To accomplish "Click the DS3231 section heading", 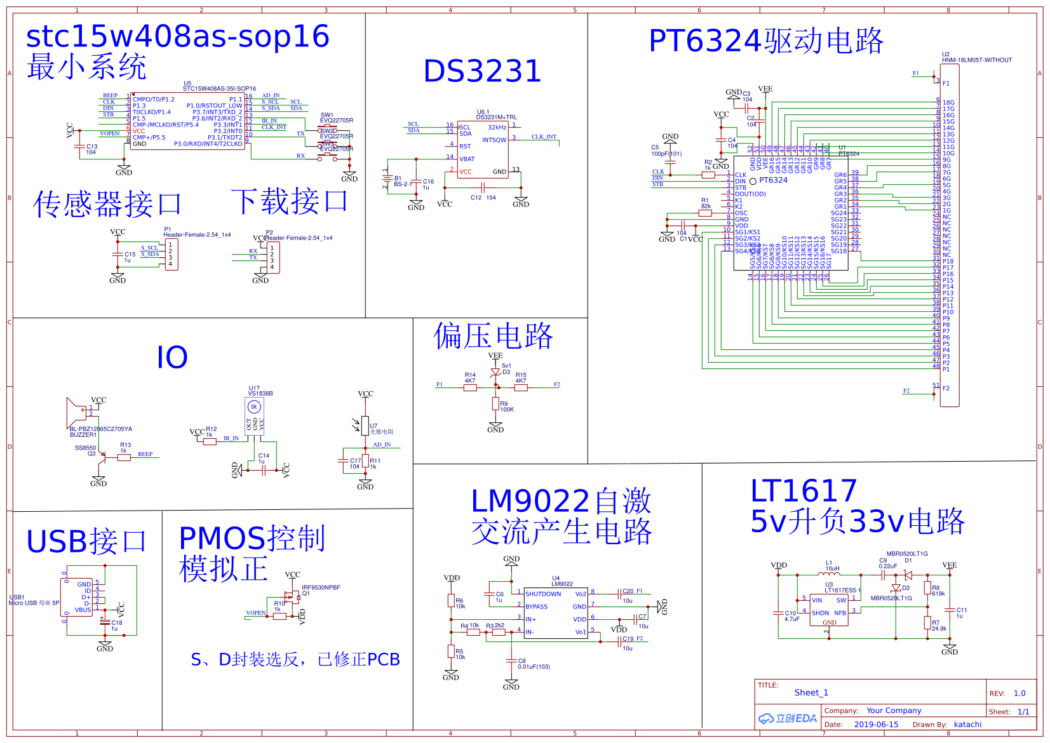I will click(482, 71).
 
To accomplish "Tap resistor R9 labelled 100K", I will click(495, 404).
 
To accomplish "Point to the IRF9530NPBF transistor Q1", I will click(293, 596).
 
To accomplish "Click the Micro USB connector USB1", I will click(80, 597).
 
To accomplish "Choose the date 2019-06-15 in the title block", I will click(876, 725).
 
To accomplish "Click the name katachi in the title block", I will click(967, 725).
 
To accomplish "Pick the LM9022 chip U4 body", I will click(556, 613).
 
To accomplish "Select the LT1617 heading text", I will click(804, 491).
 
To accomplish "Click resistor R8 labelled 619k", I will click(927, 588).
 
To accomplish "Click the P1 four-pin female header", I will click(171, 254).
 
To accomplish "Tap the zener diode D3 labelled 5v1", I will click(495, 372).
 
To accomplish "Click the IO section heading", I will click(172, 358).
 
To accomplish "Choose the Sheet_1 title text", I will click(811, 693).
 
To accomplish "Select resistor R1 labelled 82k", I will click(705, 213).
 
